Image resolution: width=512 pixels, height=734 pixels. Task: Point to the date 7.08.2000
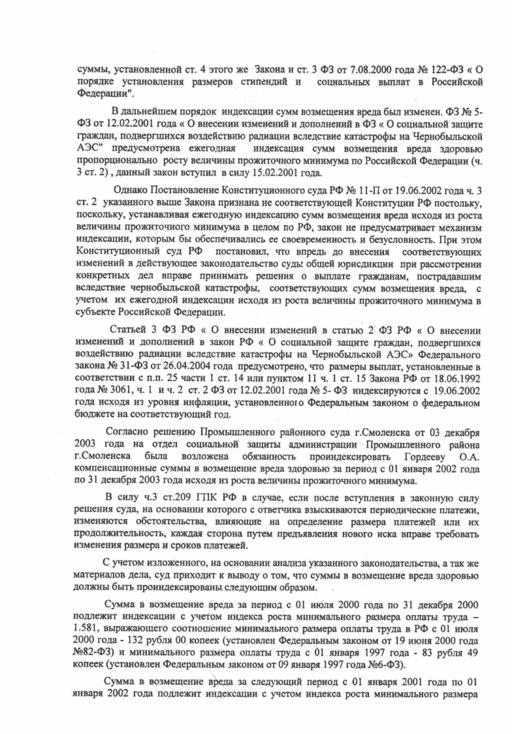350,69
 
